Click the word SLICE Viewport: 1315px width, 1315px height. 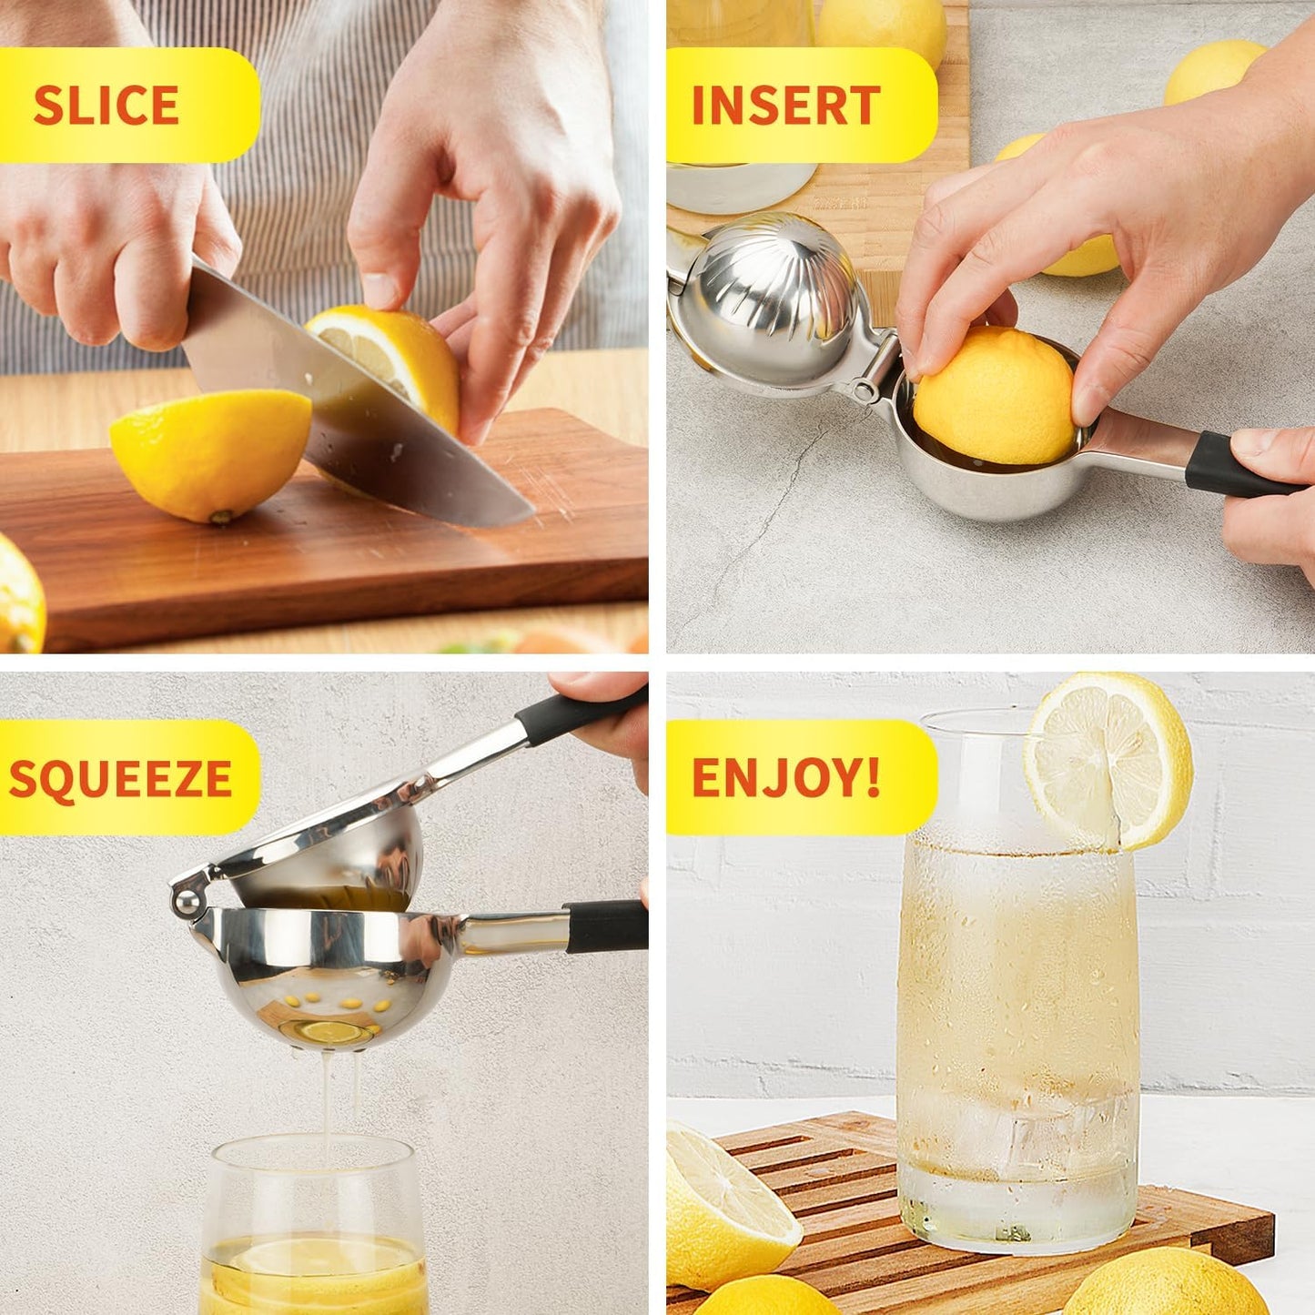coord(106,106)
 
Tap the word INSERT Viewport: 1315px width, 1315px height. coord(785,106)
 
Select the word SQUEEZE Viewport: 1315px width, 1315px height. coord(120,779)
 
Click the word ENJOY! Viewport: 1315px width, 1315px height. coord(785,778)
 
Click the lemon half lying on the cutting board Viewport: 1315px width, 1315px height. coord(211,452)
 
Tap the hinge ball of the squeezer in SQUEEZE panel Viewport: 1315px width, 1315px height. coord(186,903)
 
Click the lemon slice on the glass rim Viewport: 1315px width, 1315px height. coord(1108,761)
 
